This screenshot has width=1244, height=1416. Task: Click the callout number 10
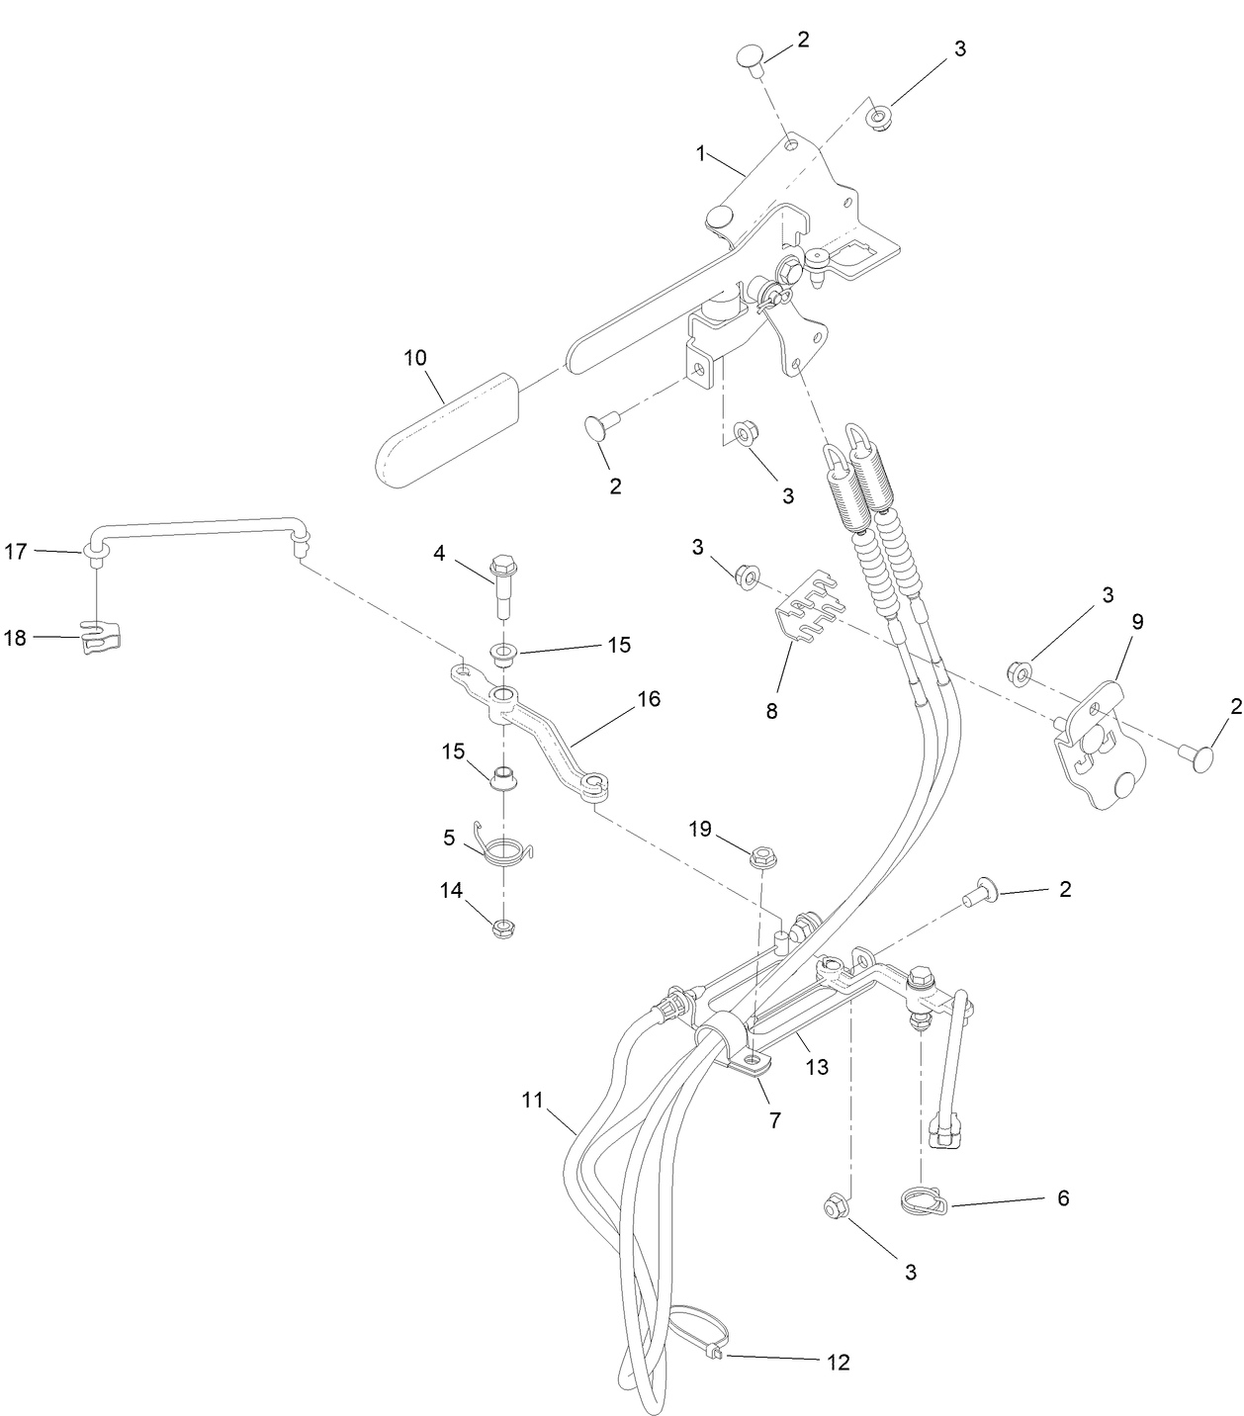pyautogui.click(x=415, y=357)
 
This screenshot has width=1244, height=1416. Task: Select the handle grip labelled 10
pyautogui.click(x=440, y=428)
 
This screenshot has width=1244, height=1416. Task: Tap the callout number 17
pyautogui.click(x=15, y=551)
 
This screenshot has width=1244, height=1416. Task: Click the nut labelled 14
pyautogui.click(x=504, y=928)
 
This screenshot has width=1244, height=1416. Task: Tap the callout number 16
pyautogui.click(x=649, y=699)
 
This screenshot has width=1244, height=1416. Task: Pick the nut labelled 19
pyautogui.click(x=761, y=857)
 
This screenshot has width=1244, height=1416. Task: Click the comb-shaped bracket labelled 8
pyautogui.click(x=810, y=610)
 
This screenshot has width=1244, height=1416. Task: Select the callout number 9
pyautogui.click(x=1137, y=622)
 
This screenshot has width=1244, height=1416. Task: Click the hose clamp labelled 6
pyautogui.click(x=924, y=1200)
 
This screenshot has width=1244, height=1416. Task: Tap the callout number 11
pyautogui.click(x=533, y=1100)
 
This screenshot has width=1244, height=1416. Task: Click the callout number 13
pyautogui.click(x=817, y=1067)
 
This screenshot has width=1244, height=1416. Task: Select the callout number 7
pyautogui.click(x=774, y=1120)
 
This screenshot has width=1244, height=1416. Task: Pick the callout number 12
pyautogui.click(x=838, y=1362)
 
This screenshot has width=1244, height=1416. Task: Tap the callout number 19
pyautogui.click(x=700, y=829)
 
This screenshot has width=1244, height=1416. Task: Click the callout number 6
pyautogui.click(x=1063, y=1197)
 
